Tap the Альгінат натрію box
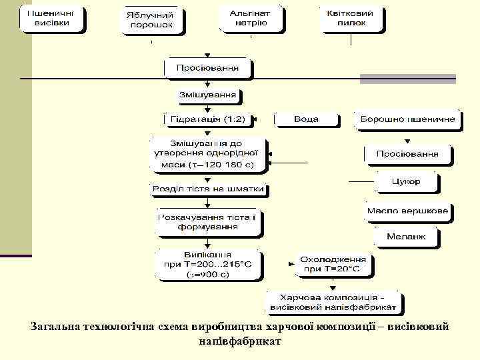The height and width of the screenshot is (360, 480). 251,18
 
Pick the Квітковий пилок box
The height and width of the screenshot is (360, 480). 351,18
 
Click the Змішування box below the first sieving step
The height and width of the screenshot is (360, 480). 207,95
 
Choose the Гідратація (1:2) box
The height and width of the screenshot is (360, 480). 207,119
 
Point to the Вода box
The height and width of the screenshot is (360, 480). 306,119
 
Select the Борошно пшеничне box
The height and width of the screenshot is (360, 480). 408,119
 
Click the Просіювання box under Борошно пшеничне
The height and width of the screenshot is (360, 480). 407,154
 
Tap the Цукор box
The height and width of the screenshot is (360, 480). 407,181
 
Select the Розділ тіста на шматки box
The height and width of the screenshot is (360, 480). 208,189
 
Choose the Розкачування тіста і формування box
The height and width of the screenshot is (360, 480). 207,223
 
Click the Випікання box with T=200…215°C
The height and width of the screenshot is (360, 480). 207,264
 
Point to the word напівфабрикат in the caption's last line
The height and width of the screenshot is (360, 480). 240,341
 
